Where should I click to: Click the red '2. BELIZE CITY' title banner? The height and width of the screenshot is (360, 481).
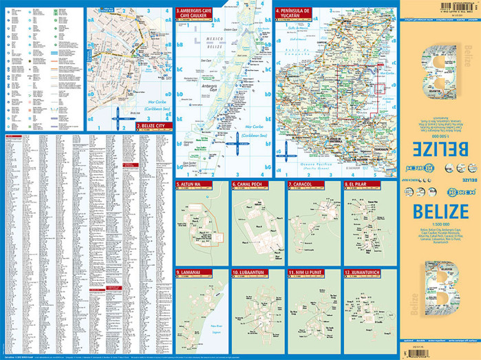click(x=151, y=126)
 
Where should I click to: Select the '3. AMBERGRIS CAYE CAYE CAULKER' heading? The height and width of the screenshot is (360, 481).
click(x=199, y=14)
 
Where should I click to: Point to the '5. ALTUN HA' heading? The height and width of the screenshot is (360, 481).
click(x=189, y=185)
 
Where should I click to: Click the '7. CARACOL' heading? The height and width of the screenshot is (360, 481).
click(x=301, y=185)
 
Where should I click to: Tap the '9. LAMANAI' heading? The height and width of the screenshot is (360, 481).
click(x=189, y=273)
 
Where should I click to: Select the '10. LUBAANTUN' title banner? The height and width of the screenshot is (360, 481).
click(x=248, y=273)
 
